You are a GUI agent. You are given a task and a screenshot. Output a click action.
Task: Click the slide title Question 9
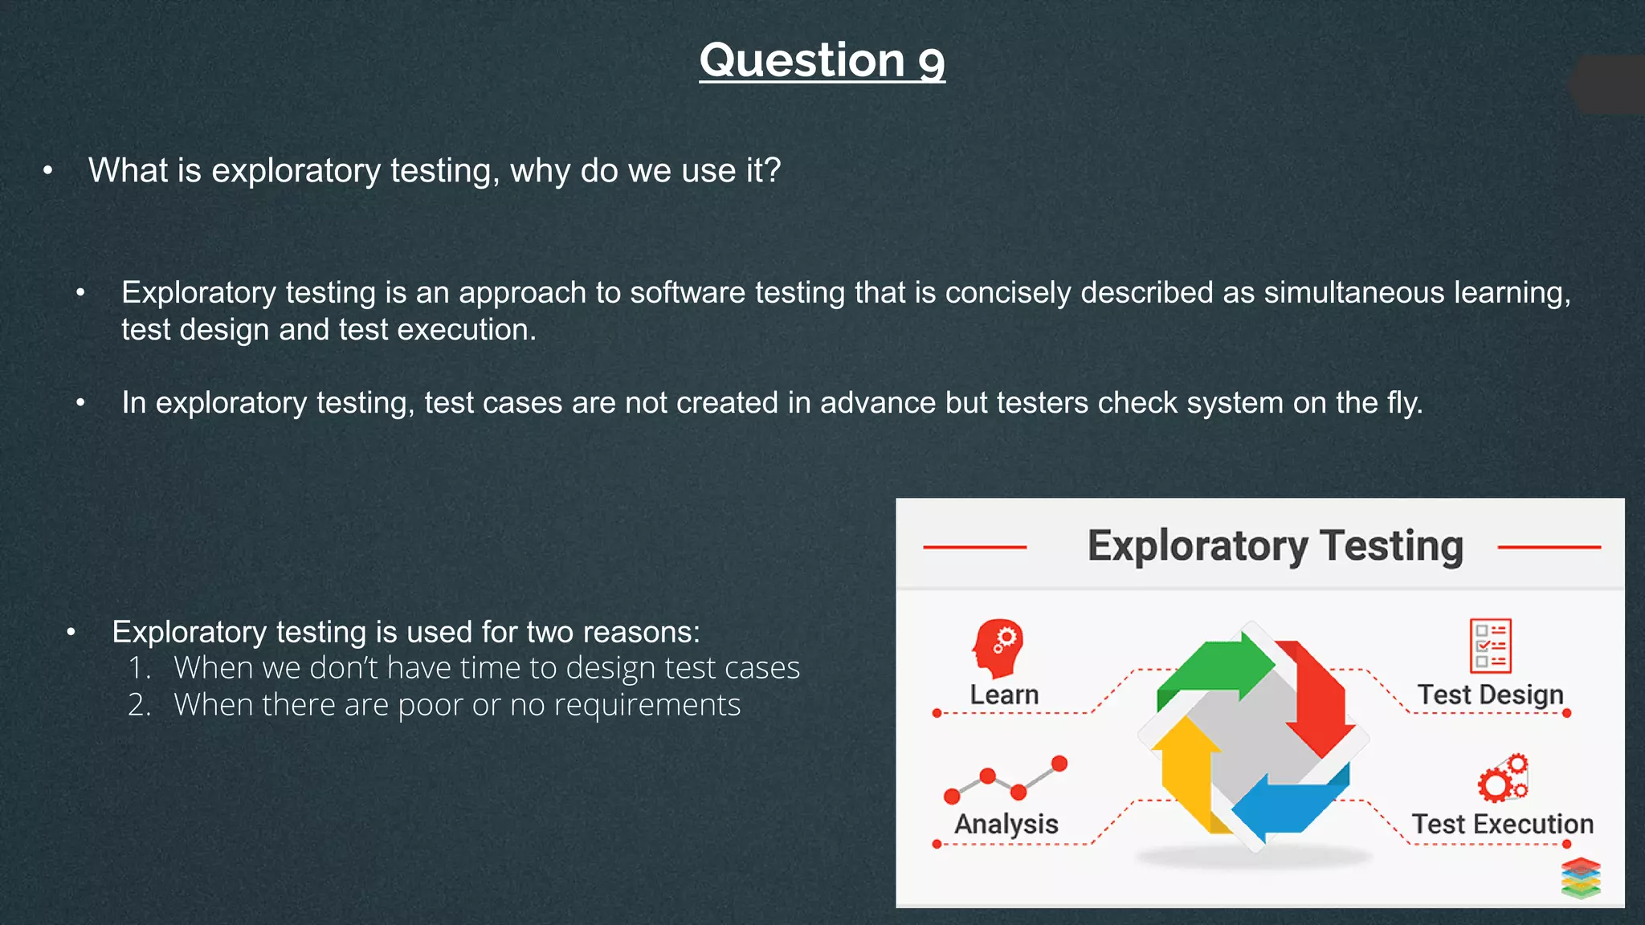coord(822,61)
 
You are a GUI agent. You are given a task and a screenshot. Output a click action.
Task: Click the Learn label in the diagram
coord(1004,695)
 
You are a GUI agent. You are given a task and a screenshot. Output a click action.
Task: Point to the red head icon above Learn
coord(998,647)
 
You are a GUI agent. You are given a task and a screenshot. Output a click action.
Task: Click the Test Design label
coord(1490,695)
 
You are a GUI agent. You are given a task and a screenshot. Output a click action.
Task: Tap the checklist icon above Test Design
coord(1490,645)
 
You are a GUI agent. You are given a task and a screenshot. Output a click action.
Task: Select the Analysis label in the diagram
coord(1006,824)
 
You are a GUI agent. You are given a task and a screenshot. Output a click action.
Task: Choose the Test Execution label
coord(1502,824)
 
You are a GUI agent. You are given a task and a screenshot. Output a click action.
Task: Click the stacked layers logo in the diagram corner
coord(1581,878)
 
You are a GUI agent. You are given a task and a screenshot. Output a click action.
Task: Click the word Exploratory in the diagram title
coord(1197,547)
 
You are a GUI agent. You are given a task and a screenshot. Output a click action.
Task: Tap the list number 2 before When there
coord(138,705)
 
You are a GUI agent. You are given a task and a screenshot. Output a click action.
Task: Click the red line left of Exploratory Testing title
coord(974,547)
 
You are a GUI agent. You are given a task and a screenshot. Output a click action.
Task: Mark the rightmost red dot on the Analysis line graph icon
coord(1059,763)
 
